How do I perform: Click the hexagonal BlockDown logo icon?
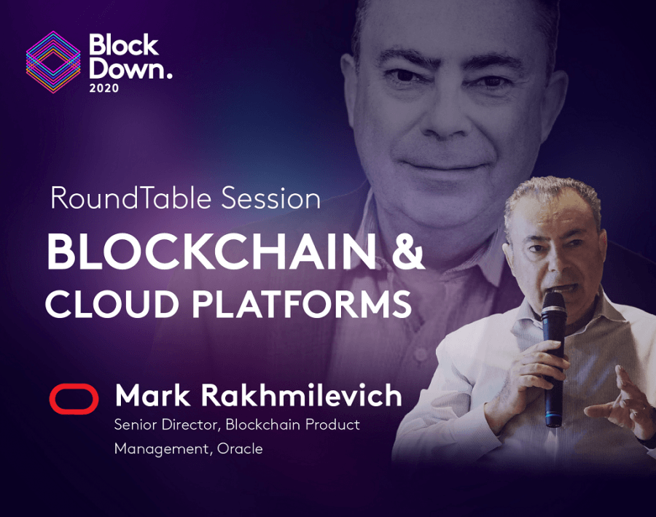pyautogui.click(x=53, y=62)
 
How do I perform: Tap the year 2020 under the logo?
pyautogui.click(x=104, y=88)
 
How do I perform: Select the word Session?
pyautogui.click(x=270, y=198)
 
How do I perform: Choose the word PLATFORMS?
pyautogui.click(x=302, y=303)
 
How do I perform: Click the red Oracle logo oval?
pyautogui.click(x=74, y=399)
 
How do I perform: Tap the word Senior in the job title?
pyautogui.click(x=135, y=424)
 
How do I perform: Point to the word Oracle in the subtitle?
pyautogui.click(x=240, y=448)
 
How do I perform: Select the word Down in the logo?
pyautogui.click(x=127, y=69)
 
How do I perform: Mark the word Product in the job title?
pyautogui.click(x=332, y=424)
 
